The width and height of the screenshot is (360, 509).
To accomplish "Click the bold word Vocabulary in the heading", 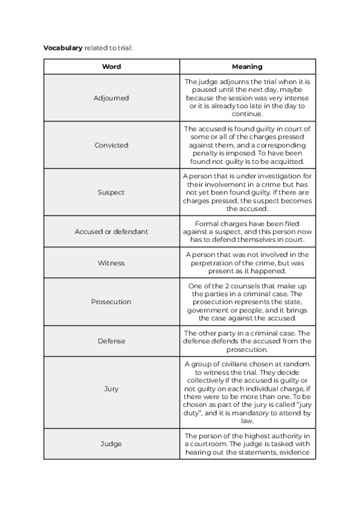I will (x=62, y=47).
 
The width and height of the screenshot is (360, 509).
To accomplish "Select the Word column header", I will (x=112, y=67).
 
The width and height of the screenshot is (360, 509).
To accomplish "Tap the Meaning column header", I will (x=247, y=67).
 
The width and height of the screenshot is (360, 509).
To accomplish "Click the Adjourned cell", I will (x=112, y=98).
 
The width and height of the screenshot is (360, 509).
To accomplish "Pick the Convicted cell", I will (x=112, y=145).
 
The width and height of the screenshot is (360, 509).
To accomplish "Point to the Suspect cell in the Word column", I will (x=112, y=193).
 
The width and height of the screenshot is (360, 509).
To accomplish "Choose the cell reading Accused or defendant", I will (x=112, y=232).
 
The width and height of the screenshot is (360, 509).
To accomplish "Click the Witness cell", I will (x=112, y=263).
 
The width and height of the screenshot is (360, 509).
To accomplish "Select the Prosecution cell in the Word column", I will (x=112, y=302).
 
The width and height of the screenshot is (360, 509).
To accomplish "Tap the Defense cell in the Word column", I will (x=112, y=341).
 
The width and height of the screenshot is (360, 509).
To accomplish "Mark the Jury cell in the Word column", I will (x=112, y=389).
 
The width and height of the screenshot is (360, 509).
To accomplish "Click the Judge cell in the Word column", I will (x=112, y=444).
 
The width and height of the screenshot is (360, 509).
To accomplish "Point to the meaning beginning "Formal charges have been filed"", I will (x=247, y=232).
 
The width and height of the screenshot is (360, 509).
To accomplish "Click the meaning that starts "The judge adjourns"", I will (x=247, y=98).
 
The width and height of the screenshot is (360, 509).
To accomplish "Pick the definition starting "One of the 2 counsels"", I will (x=247, y=302).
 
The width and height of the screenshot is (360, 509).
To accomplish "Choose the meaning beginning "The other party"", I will (x=247, y=341).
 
